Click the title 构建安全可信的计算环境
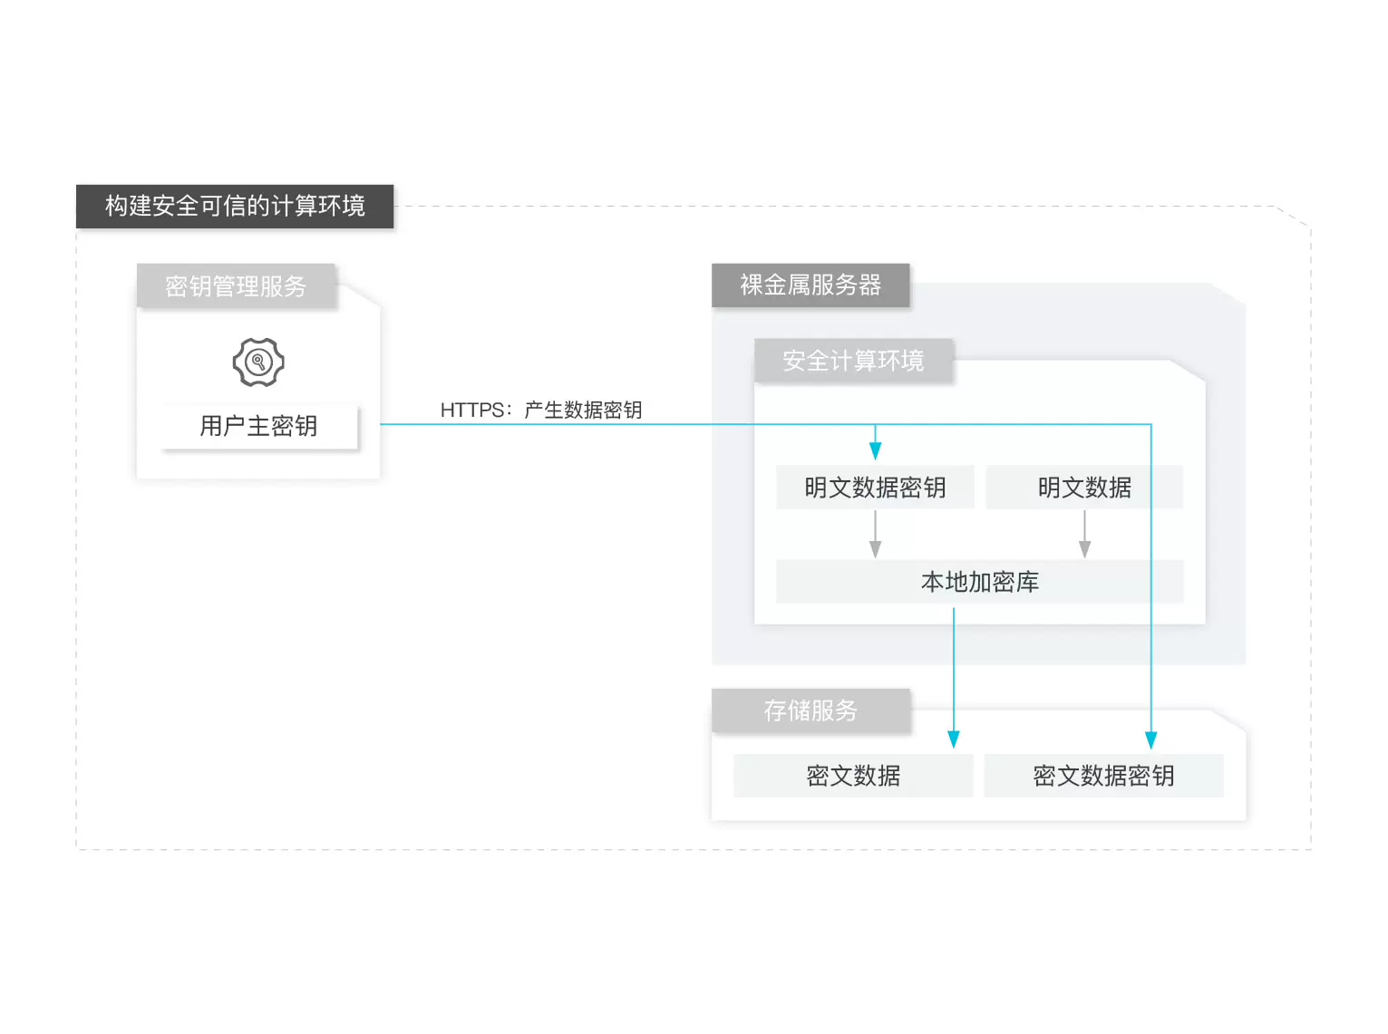(235, 207)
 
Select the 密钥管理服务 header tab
(236, 286)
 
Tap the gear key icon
(258, 362)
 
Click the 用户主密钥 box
(258, 426)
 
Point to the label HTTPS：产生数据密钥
(541, 410)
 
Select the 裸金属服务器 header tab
(810, 285)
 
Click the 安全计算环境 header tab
(853, 361)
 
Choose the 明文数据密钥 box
(875, 488)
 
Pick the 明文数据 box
(1084, 488)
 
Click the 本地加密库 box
(979, 582)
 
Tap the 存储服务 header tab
(810, 710)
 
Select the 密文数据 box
(853, 776)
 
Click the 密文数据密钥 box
(1103, 776)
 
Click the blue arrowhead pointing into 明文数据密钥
(875, 450)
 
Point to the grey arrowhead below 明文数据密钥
(875, 548)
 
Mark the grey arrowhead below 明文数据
(1084, 548)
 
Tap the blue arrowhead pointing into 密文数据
(954, 739)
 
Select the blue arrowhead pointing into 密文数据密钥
(1151, 739)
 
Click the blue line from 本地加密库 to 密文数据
(954, 671)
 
